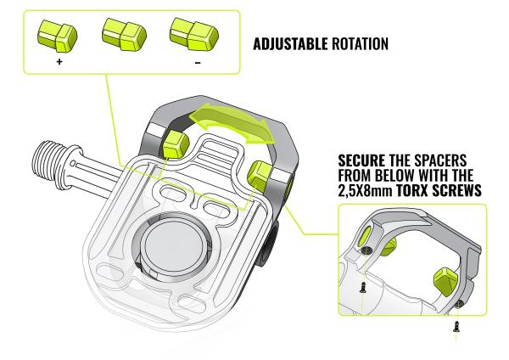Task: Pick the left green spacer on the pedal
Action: pyautogui.click(x=175, y=141)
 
